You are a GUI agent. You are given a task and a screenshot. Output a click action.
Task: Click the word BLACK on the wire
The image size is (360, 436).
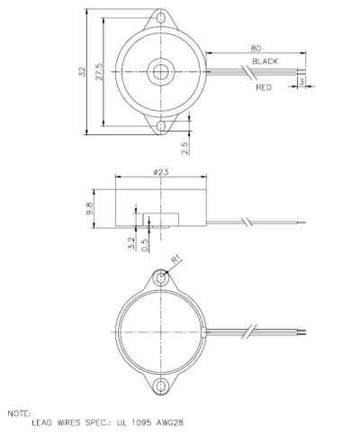tap(265, 60)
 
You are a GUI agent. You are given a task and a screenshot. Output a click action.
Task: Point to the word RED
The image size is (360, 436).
tap(264, 88)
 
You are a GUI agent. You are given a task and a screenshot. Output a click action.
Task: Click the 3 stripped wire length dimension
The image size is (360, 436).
tap(301, 82)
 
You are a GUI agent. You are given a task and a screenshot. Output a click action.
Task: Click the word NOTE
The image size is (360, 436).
tap(17, 413)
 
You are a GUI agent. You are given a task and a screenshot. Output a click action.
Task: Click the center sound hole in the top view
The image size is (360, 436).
tap(161, 70)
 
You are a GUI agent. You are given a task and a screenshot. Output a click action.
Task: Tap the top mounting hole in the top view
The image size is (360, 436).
tap(161, 16)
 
